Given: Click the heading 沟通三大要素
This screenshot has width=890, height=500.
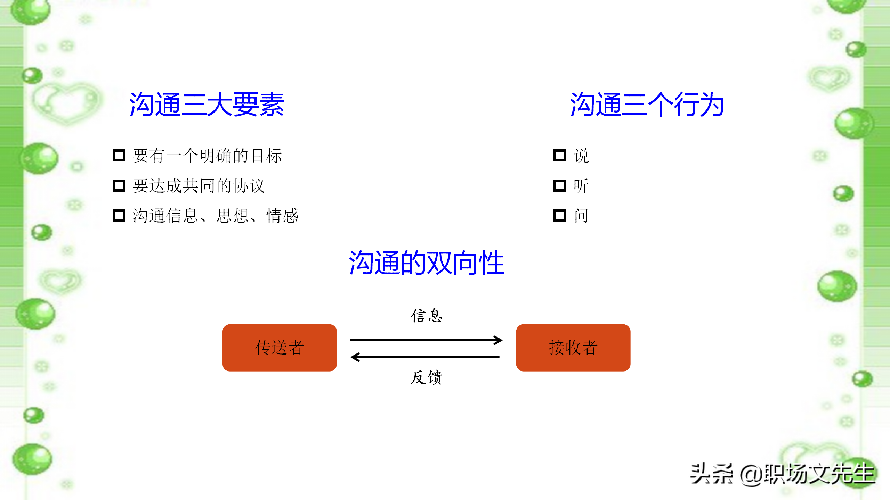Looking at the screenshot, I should pyautogui.click(x=207, y=104).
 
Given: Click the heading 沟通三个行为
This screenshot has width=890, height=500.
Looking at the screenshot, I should pyautogui.click(x=647, y=104).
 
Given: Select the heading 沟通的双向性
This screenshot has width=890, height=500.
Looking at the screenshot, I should pyautogui.click(x=427, y=263).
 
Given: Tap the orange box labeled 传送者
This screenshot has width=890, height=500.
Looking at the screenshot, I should pyautogui.click(x=280, y=348).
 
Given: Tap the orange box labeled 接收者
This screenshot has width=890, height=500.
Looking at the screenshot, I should pyautogui.click(x=573, y=348).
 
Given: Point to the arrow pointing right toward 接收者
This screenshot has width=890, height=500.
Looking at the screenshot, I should pyautogui.click(x=426, y=340).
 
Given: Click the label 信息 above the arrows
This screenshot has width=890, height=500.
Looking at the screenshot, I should pyautogui.click(x=427, y=316).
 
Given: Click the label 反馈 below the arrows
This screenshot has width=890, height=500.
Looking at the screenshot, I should pyautogui.click(x=427, y=377).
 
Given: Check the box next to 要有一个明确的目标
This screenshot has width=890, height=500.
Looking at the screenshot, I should pyautogui.click(x=119, y=155).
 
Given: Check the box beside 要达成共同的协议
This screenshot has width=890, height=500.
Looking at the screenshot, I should pyautogui.click(x=119, y=185).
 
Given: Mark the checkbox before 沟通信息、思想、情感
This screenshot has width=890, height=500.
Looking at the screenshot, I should pyautogui.click(x=119, y=215).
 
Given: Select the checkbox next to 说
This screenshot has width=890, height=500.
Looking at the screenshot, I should pyautogui.click(x=559, y=155).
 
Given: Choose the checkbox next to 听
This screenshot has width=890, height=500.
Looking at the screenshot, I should pyautogui.click(x=559, y=185).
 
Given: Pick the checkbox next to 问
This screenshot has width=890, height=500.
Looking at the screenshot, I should pyautogui.click(x=559, y=215).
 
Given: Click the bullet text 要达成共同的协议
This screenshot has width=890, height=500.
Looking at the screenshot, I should pyautogui.click(x=199, y=186).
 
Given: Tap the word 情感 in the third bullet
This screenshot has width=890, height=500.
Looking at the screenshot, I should pyautogui.click(x=282, y=216).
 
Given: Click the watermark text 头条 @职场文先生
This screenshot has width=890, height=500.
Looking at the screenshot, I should pyautogui.click(x=782, y=474).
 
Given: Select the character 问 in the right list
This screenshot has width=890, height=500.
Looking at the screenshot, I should pyautogui.click(x=581, y=216).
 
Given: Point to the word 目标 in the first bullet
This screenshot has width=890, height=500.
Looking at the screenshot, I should pyautogui.click(x=266, y=156).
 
